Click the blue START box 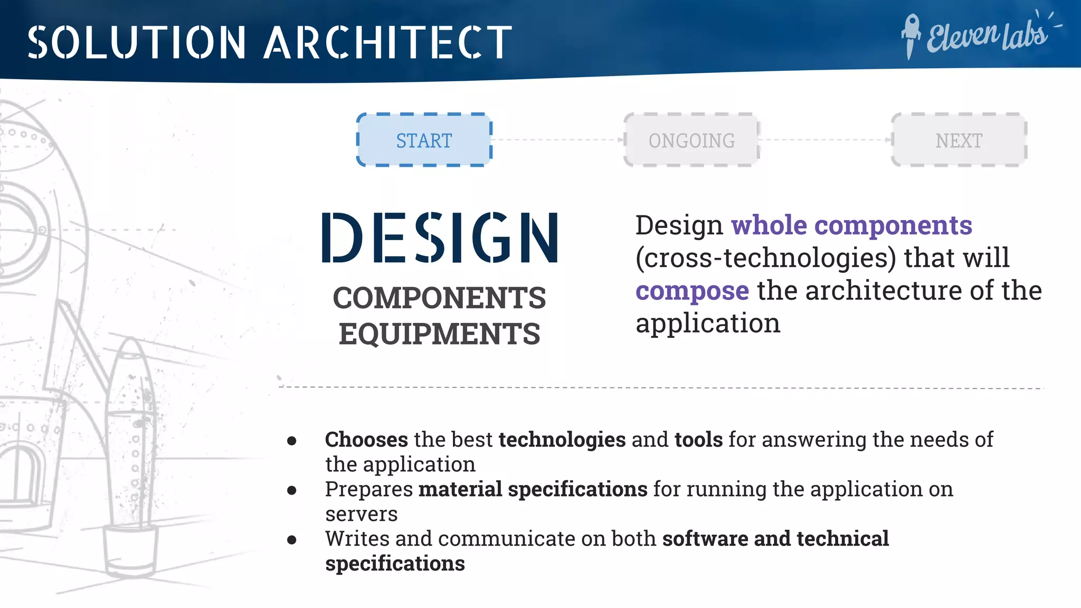pyautogui.click(x=424, y=140)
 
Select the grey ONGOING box pyautogui.click(x=691, y=140)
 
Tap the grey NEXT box pyautogui.click(x=959, y=140)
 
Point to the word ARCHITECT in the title pyautogui.click(x=388, y=42)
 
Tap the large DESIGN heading pyautogui.click(x=440, y=237)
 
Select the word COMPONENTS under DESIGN pyautogui.click(x=439, y=298)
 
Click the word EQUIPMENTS pyautogui.click(x=439, y=334)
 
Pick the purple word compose pyautogui.click(x=692, y=291)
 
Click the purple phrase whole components pyautogui.click(x=851, y=225)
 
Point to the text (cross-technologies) pyautogui.click(x=765, y=258)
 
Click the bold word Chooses pyautogui.click(x=366, y=440)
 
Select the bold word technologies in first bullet pyautogui.click(x=562, y=440)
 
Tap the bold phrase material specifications pyautogui.click(x=533, y=489)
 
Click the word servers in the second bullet pyautogui.click(x=361, y=514)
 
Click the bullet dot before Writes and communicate pyautogui.click(x=292, y=539)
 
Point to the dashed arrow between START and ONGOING pyautogui.click(x=558, y=140)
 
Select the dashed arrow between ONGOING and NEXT pyautogui.click(x=826, y=140)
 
